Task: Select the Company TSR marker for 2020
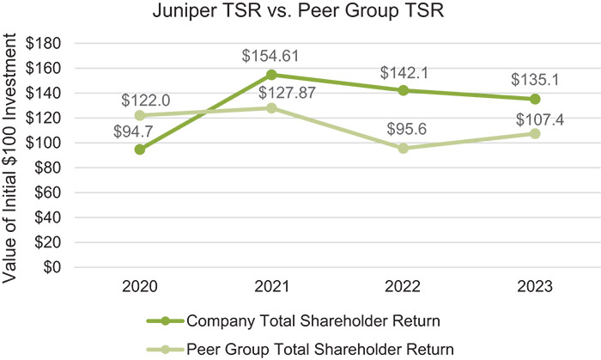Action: [x=139, y=149]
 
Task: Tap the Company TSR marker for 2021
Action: [x=271, y=75]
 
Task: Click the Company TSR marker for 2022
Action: [x=403, y=90]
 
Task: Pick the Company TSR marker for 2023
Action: [x=535, y=99]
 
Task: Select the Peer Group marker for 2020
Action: [x=139, y=115]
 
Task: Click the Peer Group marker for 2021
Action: [x=271, y=108]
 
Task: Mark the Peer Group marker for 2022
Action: [x=403, y=148]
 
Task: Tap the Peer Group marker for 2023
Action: [x=535, y=133]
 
